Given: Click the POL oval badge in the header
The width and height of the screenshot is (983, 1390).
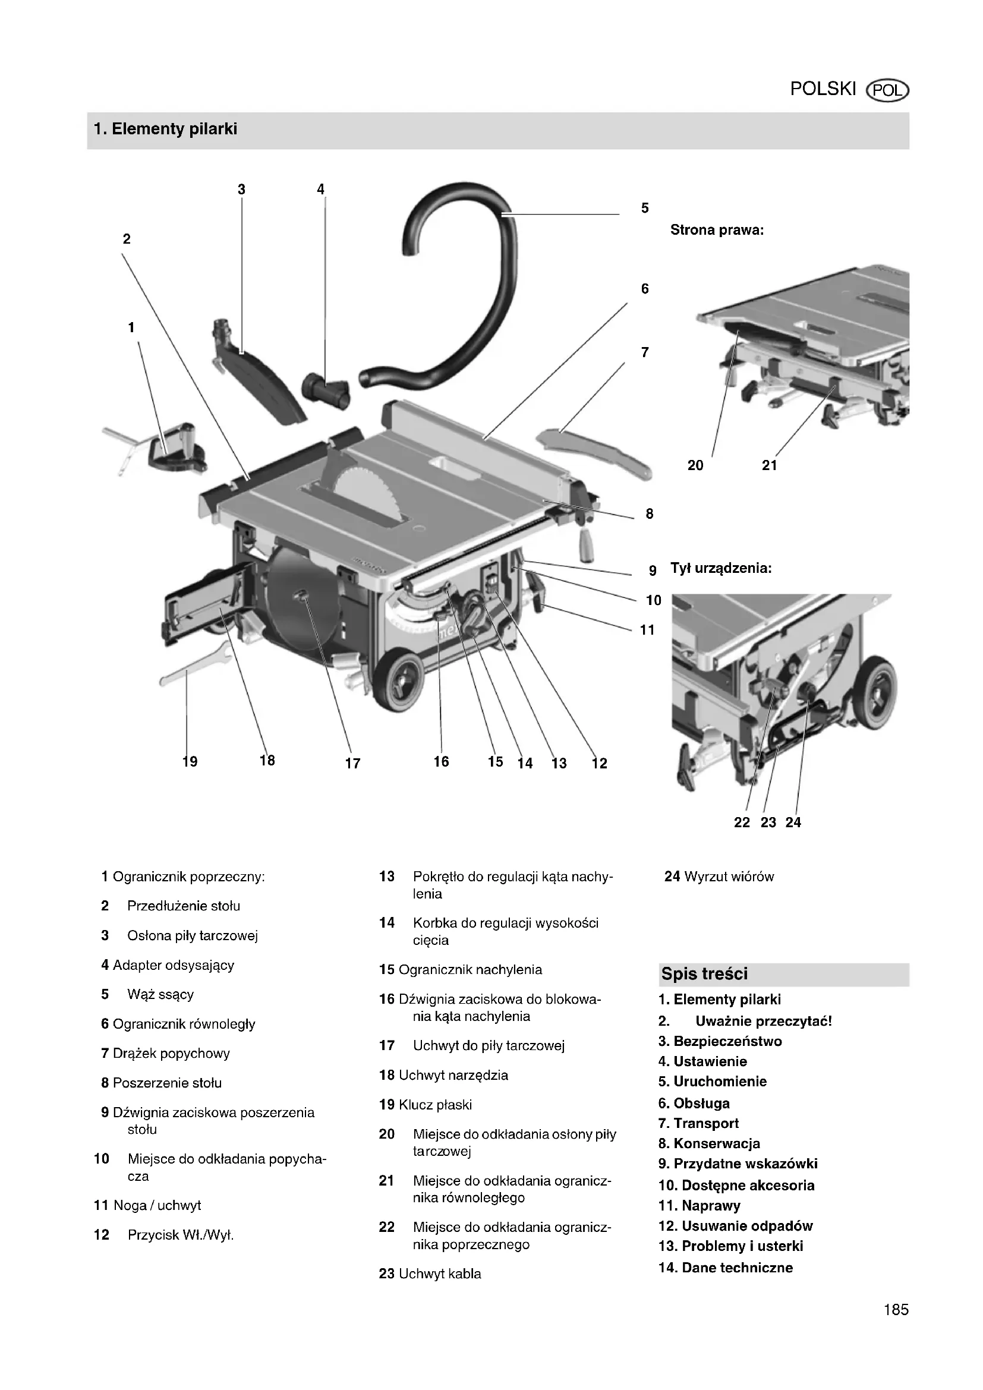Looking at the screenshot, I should click(x=887, y=91).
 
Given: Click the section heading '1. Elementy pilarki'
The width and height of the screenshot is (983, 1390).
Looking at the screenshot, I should click(x=165, y=129).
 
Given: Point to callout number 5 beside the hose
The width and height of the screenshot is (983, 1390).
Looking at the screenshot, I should click(x=645, y=208).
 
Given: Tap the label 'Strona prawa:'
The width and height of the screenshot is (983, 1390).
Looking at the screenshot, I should click(x=717, y=230).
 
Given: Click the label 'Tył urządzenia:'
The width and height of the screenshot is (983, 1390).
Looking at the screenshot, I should click(x=720, y=569).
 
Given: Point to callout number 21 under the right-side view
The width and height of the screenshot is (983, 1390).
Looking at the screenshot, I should click(x=768, y=465).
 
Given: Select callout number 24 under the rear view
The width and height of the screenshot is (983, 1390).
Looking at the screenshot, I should click(x=793, y=822).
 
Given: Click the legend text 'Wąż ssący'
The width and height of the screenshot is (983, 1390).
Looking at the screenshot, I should click(x=160, y=994).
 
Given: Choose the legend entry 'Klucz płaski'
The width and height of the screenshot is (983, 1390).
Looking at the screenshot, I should click(x=434, y=1105).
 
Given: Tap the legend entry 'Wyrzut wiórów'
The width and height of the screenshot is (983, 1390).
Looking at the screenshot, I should click(x=728, y=877).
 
